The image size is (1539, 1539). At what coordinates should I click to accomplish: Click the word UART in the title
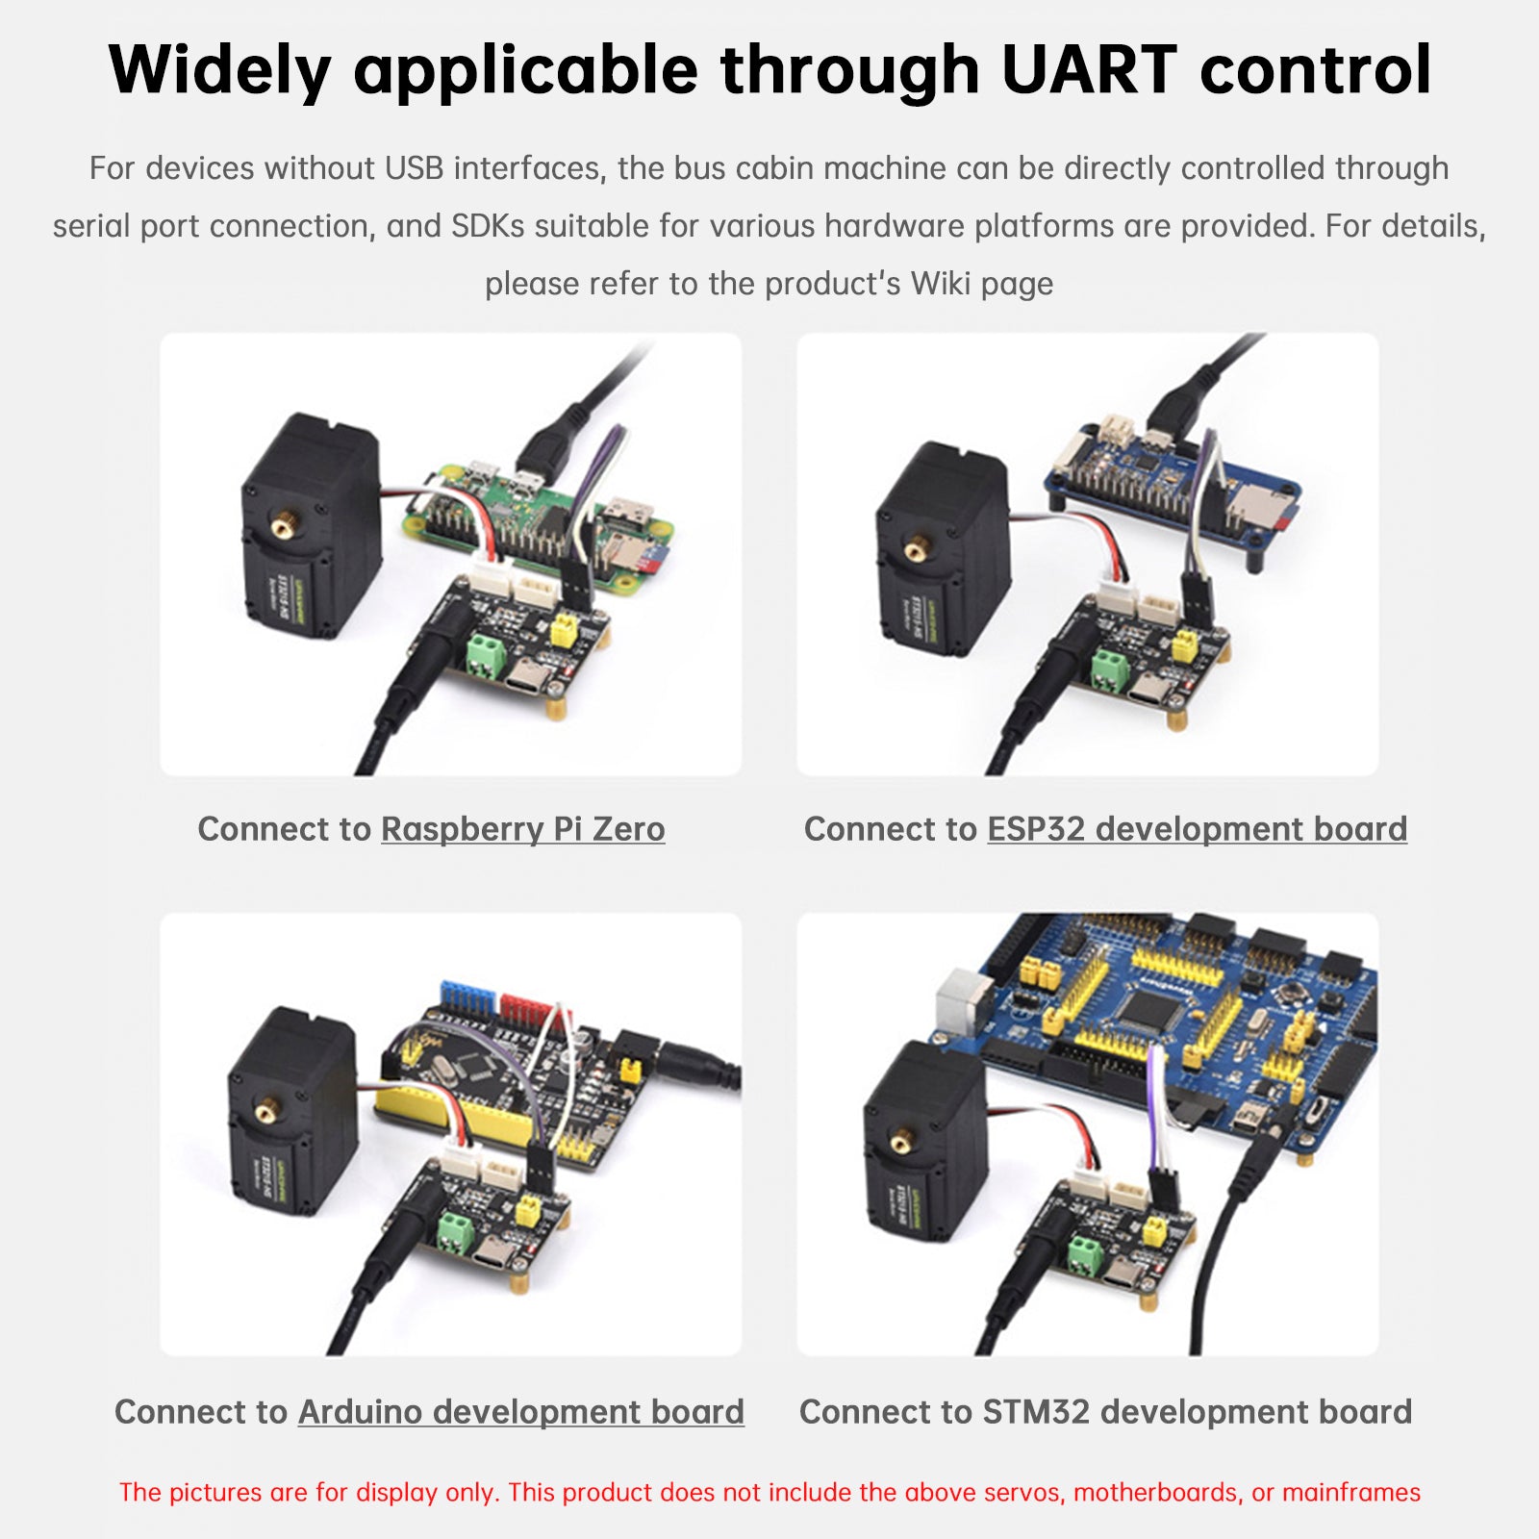[x=1088, y=70]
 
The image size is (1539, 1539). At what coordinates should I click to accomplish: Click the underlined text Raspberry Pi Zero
[x=522, y=829]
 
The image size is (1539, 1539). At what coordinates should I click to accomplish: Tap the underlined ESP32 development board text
[x=1197, y=829]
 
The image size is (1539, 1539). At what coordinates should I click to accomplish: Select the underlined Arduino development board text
[x=520, y=1412]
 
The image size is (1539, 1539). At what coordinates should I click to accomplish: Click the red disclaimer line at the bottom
[x=769, y=1492]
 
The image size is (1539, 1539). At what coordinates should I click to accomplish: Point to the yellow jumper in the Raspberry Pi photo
[x=562, y=632]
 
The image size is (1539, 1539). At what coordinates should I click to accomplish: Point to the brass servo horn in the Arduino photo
[x=265, y=1113]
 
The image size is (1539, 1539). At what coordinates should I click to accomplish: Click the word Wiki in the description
[x=940, y=284]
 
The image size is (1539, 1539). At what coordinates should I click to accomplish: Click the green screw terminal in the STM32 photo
[x=1085, y=1253]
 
